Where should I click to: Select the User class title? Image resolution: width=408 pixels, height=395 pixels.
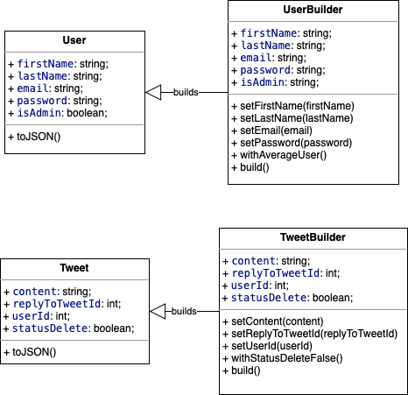[74, 41]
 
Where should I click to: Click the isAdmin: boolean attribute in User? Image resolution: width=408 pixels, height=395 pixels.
[58, 112]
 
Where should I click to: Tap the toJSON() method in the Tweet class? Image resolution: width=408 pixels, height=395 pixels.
[30, 352]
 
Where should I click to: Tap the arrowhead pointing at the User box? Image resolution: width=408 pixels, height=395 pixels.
[153, 91]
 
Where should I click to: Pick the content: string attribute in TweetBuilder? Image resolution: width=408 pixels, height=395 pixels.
[270, 261]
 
